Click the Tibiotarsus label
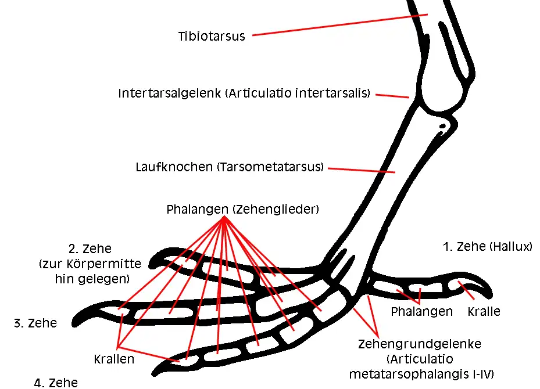pyautogui.click(x=212, y=36)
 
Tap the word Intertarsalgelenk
pyautogui.click(x=169, y=93)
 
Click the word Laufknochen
pyautogui.click(x=174, y=167)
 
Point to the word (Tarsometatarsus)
pyautogui.click(x=270, y=167)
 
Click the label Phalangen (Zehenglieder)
pyautogui.click(x=243, y=209)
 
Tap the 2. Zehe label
pyautogui.click(x=90, y=248)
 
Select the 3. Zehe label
pyautogui.click(x=35, y=323)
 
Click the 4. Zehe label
pyautogui.click(x=56, y=383)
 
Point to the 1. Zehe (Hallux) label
pyautogui.click(x=487, y=247)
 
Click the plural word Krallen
pyautogui.click(x=114, y=359)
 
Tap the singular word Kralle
pyautogui.click(x=484, y=311)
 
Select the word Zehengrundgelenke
pyautogui.click(x=420, y=344)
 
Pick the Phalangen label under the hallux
pyautogui.click(x=421, y=311)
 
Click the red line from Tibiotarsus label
pyautogui.click(x=340, y=25)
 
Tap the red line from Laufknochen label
pyautogui.click(x=362, y=170)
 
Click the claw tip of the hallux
pyautogui.click(x=491, y=296)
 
